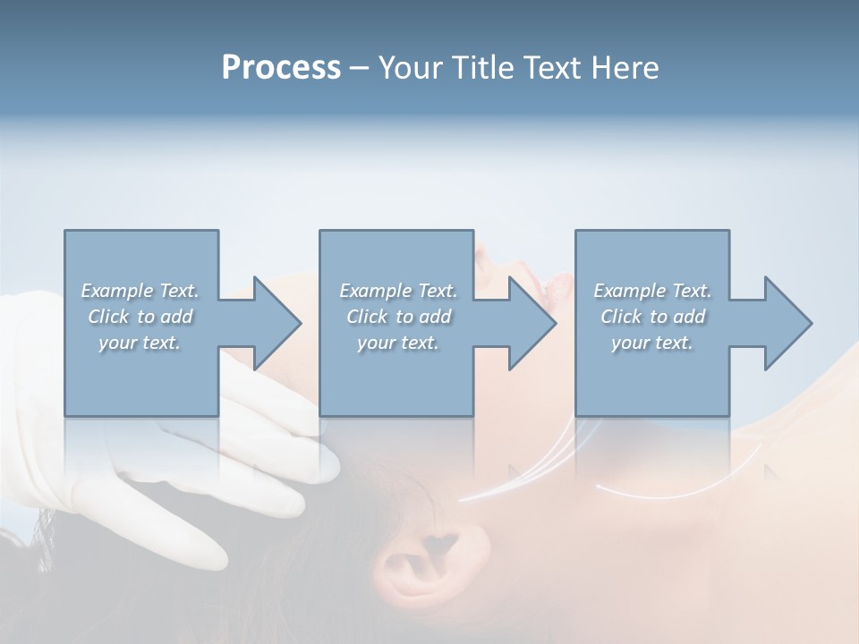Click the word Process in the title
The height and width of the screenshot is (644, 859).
click(281, 68)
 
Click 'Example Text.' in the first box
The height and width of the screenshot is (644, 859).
click(140, 291)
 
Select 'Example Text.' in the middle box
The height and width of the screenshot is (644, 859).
click(398, 291)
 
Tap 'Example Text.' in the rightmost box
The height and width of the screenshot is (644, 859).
click(652, 291)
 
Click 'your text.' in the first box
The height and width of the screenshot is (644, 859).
click(140, 343)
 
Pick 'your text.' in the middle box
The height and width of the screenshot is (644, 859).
click(398, 343)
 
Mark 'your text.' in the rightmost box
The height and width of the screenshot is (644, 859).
click(652, 343)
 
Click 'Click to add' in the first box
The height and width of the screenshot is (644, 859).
click(140, 317)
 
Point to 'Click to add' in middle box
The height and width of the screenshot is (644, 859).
click(398, 317)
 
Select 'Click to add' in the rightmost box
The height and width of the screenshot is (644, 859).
click(652, 317)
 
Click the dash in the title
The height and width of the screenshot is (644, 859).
click(360, 69)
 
